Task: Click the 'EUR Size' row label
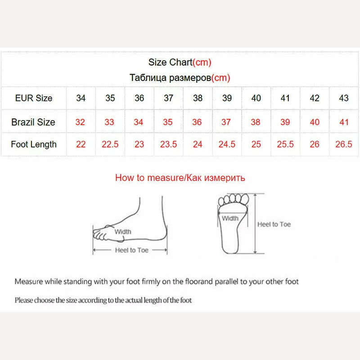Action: coord(34,98)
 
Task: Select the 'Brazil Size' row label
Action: coord(33,122)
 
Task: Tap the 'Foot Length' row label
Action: coord(34,144)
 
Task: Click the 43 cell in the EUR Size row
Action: coord(344,98)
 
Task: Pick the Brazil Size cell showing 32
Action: coord(81,122)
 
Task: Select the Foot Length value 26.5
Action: coord(344,144)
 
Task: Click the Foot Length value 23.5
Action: coord(168,144)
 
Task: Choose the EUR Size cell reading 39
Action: coord(227,98)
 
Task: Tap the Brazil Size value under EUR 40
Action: coord(256,122)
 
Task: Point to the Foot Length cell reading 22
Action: coord(81,144)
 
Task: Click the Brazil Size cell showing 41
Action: coord(344,122)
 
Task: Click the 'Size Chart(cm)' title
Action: coord(180,63)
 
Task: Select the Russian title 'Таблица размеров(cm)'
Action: coord(180,78)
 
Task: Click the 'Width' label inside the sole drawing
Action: coord(230,218)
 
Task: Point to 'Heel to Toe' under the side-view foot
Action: coord(131,250)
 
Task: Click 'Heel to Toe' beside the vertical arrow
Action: coord(274,224)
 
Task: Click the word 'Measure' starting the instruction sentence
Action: coord(29,282)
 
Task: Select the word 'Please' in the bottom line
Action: coord(24,300)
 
